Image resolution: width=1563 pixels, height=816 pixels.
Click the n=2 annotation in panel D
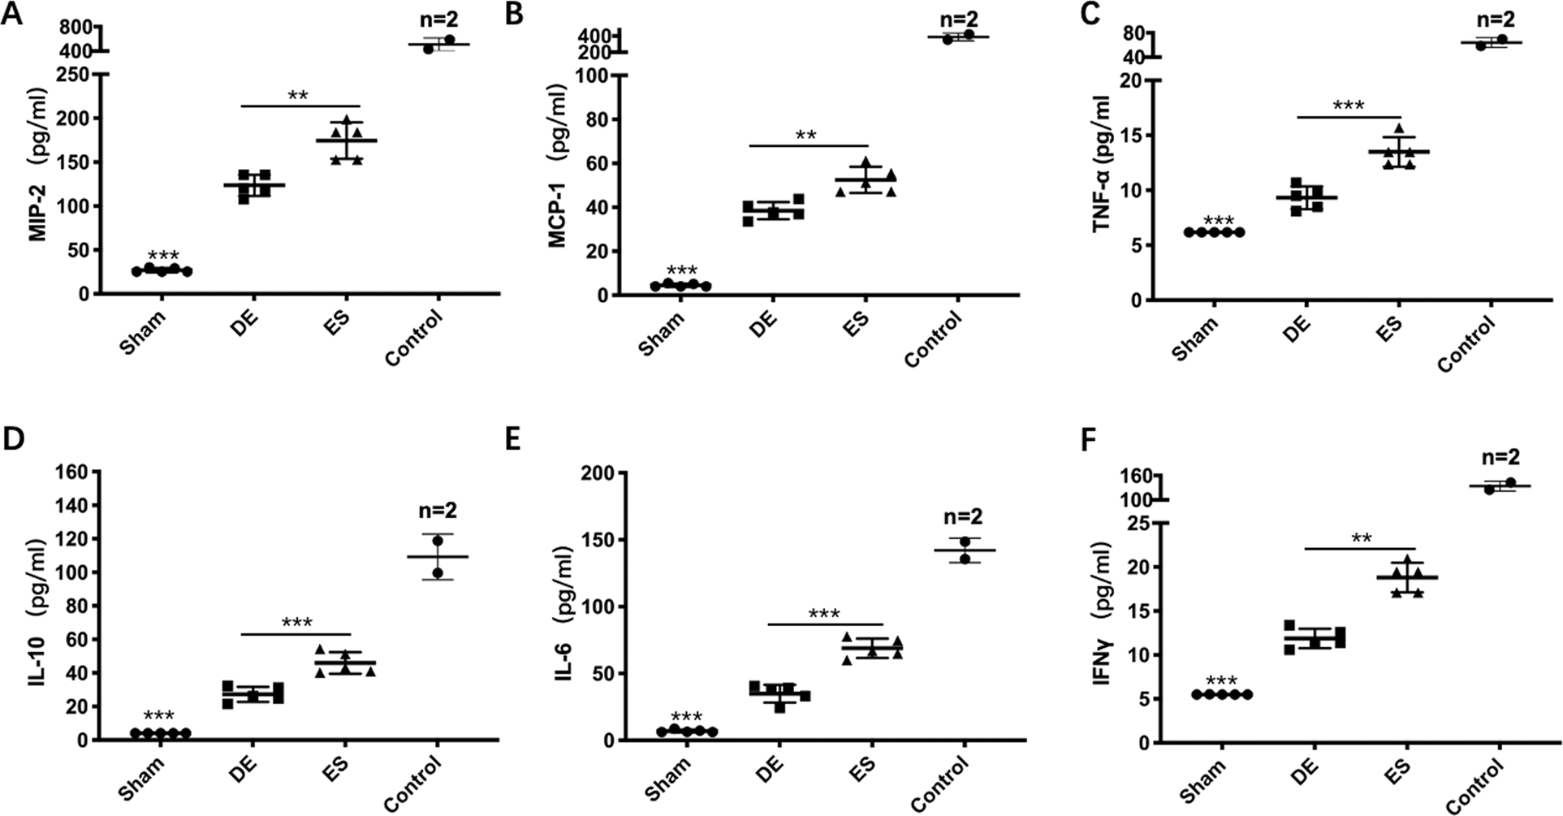pos(438,510)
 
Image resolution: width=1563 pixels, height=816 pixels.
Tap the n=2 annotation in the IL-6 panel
pos(964,516)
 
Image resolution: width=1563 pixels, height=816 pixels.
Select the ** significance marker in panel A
pos(298,96)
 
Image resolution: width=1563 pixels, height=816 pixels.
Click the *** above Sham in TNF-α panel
pos(1218,220)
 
